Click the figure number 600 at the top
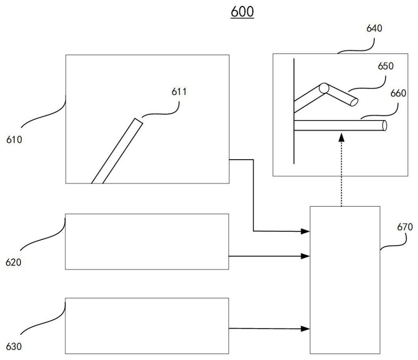click(x=242, y=12)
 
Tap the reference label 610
click(x=14, y=139)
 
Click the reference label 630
click(x=14, y=346)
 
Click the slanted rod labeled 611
click(x=117, y=151)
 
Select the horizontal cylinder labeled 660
click(x=339, y=125)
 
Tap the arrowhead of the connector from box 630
click(x=306, y=329)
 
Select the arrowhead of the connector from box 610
click(x=306, y=231)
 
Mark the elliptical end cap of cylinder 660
click(x=384, y=125)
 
